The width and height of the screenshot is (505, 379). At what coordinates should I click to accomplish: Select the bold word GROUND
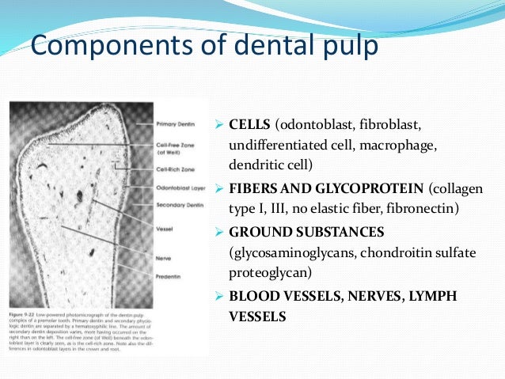coord(258,233)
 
